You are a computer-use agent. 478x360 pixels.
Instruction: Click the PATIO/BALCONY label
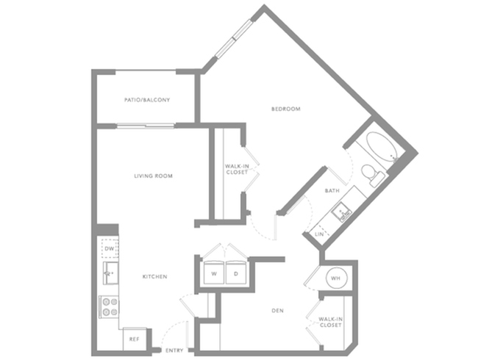[x=147, y=100]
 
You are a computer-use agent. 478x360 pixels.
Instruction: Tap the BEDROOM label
[x=286, y=109]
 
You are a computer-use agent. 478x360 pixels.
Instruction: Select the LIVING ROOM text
[x=154, y=176]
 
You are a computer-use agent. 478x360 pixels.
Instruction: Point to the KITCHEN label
[x=155, y=276]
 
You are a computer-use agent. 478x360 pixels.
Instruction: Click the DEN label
[x=277, y=311]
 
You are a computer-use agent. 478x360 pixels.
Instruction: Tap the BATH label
[x=332, y=191]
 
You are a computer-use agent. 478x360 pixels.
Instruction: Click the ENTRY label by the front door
[x=174, y=350]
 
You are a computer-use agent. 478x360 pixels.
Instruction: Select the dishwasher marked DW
[x=110, y=248]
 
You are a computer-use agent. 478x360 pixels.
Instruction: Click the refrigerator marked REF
[x=134, y=339]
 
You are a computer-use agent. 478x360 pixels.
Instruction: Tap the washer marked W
[x=214, y=273]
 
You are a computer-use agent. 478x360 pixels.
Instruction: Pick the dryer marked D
[x=236, y=273]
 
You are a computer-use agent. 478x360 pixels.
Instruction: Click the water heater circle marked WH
[x=335, y=278]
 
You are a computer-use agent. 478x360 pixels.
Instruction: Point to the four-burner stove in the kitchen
[x=109, y=307]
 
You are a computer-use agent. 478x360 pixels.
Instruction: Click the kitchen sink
[x=110, y=273]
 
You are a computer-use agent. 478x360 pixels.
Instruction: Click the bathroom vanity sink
[x=342, y=212]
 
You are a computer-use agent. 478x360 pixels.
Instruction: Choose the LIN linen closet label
[x=319, y=234]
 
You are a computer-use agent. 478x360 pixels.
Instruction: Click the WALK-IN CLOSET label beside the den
[x=330, y=323]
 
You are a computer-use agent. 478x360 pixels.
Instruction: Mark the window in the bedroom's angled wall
[x=234, y=38]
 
